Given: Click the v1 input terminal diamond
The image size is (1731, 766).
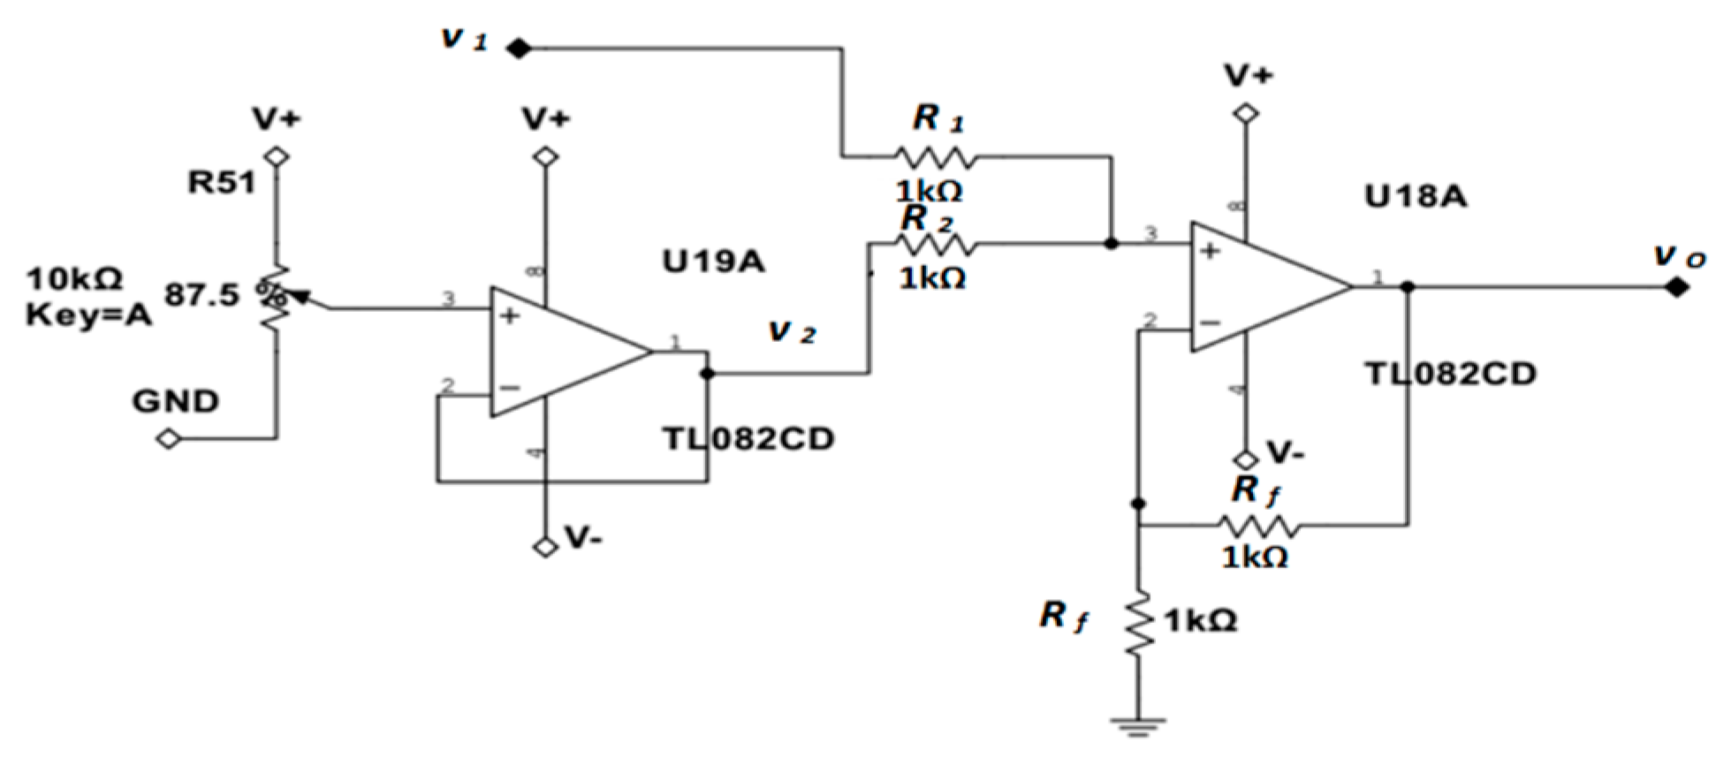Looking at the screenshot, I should click(x=519, y=49).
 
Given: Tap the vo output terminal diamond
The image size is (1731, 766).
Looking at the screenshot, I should click(x=1676, y=287).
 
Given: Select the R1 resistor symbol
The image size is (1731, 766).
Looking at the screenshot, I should click(x=937, y=158).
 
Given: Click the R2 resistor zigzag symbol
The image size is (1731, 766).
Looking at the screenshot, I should click(x=937, y=243).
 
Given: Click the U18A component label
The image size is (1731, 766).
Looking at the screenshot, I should click(x=1416, y=196).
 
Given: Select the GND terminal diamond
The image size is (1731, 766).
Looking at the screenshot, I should click(x=168, y=438).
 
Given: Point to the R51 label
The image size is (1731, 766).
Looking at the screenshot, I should click(x=220, y=183).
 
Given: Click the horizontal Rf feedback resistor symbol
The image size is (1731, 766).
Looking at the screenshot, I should click(x=1258, y=527).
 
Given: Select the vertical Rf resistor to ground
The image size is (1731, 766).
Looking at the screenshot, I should click(x=1139, y=623).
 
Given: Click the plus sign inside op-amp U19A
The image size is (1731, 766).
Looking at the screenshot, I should click(x=509, y=315).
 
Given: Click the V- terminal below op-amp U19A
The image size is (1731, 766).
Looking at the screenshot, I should click(x=547, y=547).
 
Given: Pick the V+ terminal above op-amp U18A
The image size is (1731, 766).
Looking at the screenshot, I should click(x=1247, y=114).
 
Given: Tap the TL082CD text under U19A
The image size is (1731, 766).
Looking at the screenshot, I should click(x=748, y=438).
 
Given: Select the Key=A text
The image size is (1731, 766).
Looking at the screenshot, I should click(x=88, y=315).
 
